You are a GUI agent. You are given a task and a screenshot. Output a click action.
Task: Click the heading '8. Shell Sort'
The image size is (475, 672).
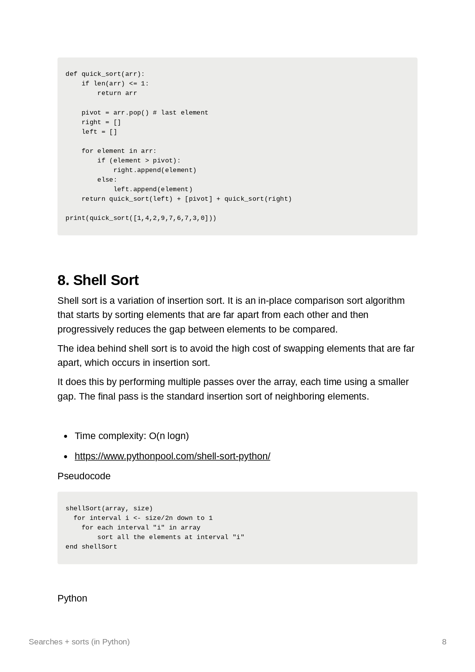click(x=98, y=280)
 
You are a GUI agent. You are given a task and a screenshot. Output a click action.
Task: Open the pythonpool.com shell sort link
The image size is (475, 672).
click(x=172, y=456)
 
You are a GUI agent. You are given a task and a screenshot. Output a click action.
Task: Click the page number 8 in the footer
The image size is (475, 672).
click(x=444, y=642)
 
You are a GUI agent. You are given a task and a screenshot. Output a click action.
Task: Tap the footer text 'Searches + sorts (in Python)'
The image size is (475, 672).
click(x=79, y=642)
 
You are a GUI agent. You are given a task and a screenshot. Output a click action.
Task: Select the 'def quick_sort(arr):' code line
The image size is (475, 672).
click(x=105, y=74)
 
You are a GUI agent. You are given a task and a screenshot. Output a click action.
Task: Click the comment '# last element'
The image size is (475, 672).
click(x=180, y=113)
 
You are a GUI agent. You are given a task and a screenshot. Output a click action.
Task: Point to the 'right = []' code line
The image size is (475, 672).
click(x=101, y=122)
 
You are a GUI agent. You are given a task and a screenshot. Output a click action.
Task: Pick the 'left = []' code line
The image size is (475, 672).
click(x=99, y=132)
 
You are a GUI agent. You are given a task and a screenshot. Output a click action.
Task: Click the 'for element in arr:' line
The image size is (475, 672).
click(x=119, y=151)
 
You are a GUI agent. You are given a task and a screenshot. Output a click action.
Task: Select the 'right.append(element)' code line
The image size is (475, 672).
click(x=155, y=170)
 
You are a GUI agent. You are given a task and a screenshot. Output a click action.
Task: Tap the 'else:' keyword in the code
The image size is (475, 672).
click(x=107, y=180)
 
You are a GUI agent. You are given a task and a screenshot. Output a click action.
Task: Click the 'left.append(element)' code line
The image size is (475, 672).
click(x=153, y=189)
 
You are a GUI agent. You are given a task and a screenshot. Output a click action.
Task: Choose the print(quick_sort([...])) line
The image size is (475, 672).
click(x=141, y=218)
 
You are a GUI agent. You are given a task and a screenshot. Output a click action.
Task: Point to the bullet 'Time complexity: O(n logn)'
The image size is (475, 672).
click(x=132, y=436)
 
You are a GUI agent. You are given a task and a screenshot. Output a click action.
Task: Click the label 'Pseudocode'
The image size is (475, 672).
click(x=84, y=476)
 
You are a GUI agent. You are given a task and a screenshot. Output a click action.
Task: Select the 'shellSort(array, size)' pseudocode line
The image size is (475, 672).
click(x=109, y=508)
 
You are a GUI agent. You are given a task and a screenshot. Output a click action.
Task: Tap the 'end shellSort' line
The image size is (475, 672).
click(x=91, y=547)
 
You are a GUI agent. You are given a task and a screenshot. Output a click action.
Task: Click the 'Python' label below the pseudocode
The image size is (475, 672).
click(x=72, y=598)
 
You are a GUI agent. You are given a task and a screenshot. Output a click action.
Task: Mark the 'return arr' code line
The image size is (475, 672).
click(x=117, y=93)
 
